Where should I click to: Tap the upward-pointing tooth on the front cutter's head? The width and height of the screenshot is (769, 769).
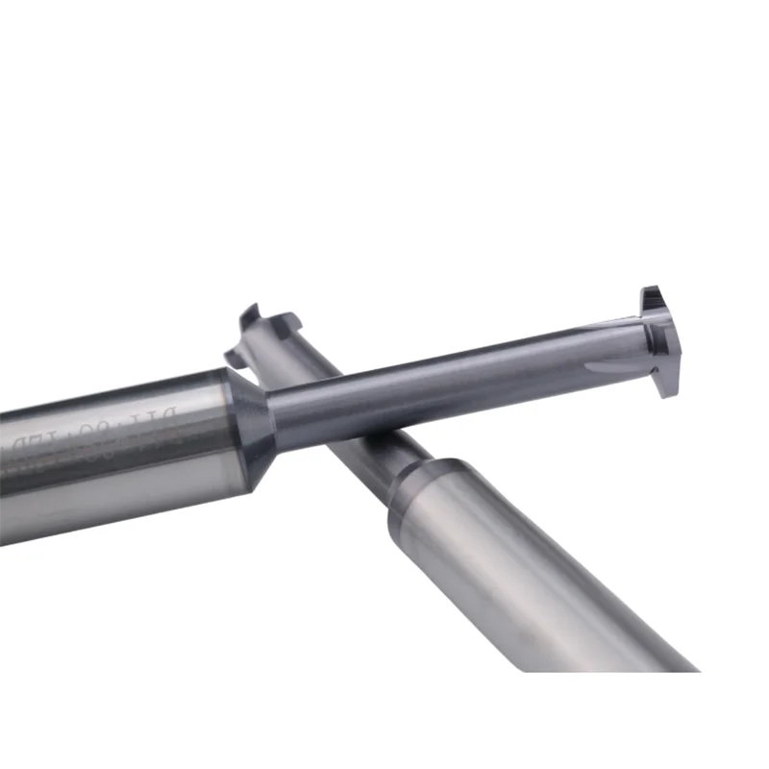click(x=651, y=295)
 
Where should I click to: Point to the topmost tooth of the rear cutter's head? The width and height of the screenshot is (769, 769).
click(x=251, y=312)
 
